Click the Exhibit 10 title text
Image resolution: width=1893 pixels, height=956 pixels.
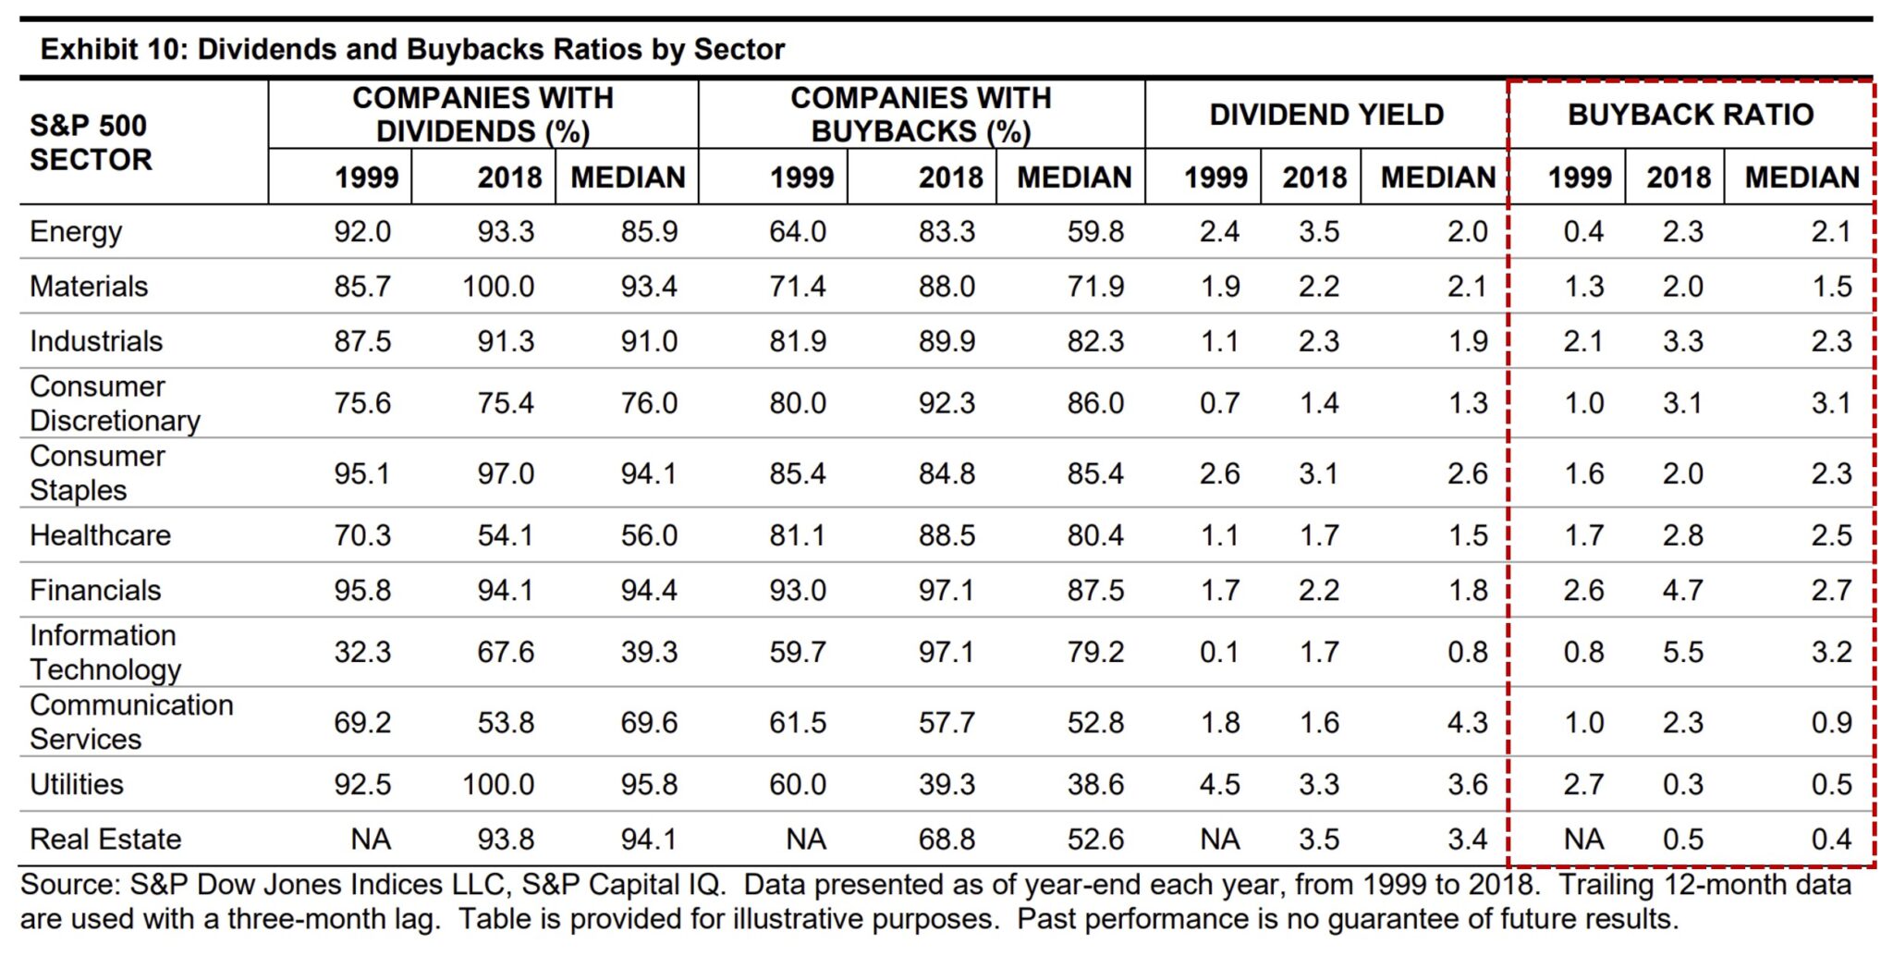tap(412, 49)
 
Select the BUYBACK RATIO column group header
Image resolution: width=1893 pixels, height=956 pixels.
tap(1690, 115)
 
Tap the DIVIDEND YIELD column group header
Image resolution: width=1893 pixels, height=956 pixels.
tap(1325, 115)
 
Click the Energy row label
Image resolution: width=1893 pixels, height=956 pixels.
tap(76, 231)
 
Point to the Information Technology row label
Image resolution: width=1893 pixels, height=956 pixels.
tap(104, 652)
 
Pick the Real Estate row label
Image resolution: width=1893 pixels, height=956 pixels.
tap(105, 839)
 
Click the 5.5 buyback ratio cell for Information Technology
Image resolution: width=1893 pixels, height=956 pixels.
tap(1682, 652)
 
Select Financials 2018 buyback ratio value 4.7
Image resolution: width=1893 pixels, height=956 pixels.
tap(1682, 590)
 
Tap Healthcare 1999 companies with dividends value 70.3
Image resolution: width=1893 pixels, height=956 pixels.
tap(362, 535)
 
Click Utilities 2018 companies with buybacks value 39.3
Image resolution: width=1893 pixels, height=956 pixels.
tap(946, 784)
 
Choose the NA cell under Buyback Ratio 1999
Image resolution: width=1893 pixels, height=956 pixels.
tap(1583, 839)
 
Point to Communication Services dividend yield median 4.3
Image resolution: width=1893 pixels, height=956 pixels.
tap(1467, 722)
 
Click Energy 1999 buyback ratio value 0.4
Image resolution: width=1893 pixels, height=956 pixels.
tap(1583, 231)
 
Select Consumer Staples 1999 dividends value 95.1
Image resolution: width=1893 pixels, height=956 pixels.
tap(362, 473)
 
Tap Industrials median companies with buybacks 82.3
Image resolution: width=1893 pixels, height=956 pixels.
tap(1095, 341)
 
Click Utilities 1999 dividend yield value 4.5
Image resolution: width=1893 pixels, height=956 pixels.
tap(1219, 784)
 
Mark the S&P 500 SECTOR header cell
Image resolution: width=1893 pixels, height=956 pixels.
tap(90, 142)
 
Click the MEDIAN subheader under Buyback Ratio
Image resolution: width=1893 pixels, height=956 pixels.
tap(1801, 178)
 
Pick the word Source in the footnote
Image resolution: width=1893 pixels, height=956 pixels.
tap(69, 885)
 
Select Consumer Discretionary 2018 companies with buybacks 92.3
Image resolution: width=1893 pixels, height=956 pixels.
tap(946, 403)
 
